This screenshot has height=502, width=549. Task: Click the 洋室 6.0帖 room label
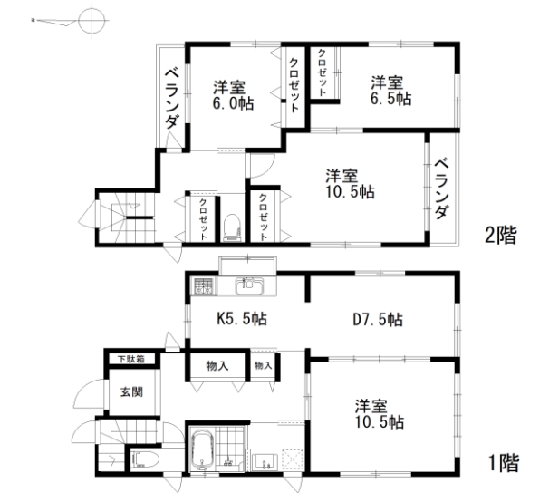pos(234,95)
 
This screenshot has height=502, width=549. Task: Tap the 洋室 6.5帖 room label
pos(391,91)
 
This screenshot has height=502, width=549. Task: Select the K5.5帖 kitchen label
pos(242,319)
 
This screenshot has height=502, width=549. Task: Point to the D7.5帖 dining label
pos(378,320)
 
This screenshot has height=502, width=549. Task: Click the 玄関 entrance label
pos(131,391)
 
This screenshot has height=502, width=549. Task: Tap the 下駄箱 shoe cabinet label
pos(131,359)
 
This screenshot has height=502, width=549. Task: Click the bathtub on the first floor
pos(202,449)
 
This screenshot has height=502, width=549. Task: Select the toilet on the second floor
pos(231,227)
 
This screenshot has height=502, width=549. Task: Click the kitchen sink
pos(249,286)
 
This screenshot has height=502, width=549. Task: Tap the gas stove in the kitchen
pos(203,285)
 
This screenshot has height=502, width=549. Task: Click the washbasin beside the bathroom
pos(265,462)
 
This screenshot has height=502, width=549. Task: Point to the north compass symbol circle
pos(91,21)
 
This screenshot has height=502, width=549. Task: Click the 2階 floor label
pos(501,235)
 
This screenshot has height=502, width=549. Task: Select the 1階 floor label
pos(503,463)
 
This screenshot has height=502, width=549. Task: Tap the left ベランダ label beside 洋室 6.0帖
pos(172,99)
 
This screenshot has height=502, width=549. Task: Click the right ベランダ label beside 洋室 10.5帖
pos(441,189)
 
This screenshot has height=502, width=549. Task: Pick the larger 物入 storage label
pos(217,366)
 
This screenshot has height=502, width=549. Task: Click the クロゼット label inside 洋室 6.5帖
pos(322,72)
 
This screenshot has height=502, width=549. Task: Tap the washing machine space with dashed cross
pos(293,459)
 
